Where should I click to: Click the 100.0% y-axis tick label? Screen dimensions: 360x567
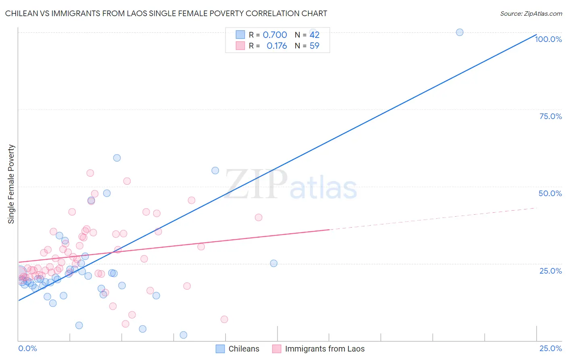click(x=548, y=39)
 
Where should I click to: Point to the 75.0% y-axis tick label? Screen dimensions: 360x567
click(x=550, y=116)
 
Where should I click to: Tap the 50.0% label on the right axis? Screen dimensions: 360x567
click(x=550, y=193)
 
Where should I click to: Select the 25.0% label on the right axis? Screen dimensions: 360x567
click(x=550, y=270)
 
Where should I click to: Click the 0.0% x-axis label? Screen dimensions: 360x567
click(x=27, y=348)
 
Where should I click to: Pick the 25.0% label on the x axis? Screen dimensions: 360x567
click(x=550, y=348)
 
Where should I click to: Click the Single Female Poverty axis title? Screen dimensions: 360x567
click(x=11, y=184)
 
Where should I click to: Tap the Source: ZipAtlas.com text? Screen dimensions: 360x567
click(x=531, y=13)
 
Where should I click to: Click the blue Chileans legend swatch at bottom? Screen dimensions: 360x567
click(x=220, y=349)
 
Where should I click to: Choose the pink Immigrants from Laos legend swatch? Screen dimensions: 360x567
click(x=276, y=349)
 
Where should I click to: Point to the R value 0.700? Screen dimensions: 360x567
click(x=275, y=35)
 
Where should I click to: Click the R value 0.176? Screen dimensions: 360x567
click(x=277, y=46)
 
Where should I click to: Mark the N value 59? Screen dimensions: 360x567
click(x=314, y=46)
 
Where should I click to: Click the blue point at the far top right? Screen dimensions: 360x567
click(x=459, y=32)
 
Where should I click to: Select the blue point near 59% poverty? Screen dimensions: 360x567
click(x=117, y=158)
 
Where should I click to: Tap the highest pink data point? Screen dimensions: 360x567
click(x=90, y=173)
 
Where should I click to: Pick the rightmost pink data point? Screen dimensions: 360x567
click(x=258, y=218)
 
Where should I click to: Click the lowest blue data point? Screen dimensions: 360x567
click(x=183, y=335)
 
